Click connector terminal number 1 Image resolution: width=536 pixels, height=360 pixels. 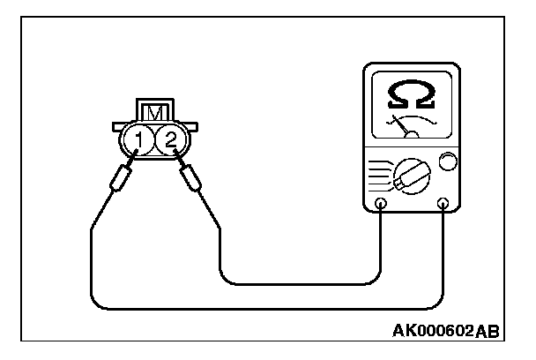pos(137,139)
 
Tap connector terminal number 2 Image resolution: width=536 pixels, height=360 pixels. pos(171,139)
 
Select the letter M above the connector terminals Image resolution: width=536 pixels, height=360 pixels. pos(153,113)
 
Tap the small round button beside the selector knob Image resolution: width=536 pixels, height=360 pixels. pos(448,161)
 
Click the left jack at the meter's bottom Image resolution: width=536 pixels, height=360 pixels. pos(380,205)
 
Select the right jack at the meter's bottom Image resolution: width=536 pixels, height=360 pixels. pos(443,205)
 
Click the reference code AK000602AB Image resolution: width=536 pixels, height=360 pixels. pos(445,332)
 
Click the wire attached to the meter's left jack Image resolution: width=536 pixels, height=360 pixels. pos(300,284)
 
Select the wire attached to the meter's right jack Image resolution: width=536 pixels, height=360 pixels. pos(264,309)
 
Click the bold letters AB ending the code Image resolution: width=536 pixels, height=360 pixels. pos(486,332)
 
